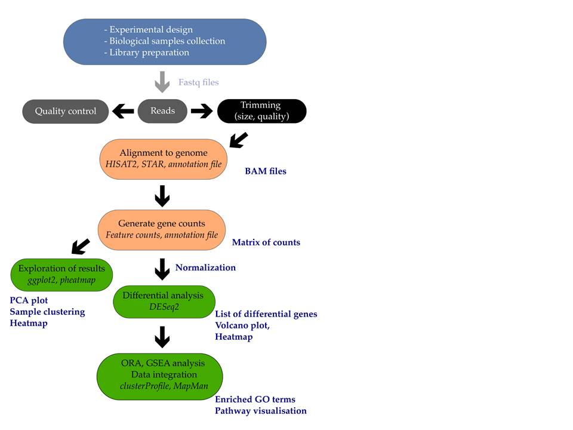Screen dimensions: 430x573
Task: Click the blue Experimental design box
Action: (x=165, y=41)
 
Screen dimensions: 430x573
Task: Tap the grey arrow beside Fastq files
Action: (x=162, y=82)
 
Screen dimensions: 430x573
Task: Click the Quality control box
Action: (x=66, y=111)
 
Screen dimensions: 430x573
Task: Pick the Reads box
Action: (x=162, y=110)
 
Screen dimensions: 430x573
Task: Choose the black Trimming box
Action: (x=261, y=111)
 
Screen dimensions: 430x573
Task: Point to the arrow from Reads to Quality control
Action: (x=124, y=111)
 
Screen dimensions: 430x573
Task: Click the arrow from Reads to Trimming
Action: (x=202, y=111)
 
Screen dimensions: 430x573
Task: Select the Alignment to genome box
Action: (x=162, y=158)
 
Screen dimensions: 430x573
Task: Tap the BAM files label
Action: (x=266, y=171)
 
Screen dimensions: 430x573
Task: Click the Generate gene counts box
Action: (x=162, y=229)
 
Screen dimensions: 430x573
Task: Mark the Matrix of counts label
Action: (x=266, y=242)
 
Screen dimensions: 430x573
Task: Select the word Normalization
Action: (x=205, y=268)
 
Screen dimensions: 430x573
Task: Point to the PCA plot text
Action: (x=29, y=300)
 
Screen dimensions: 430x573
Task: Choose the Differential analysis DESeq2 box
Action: (x=163, y=301)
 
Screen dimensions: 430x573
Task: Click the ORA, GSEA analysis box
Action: (x=159, y=374)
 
